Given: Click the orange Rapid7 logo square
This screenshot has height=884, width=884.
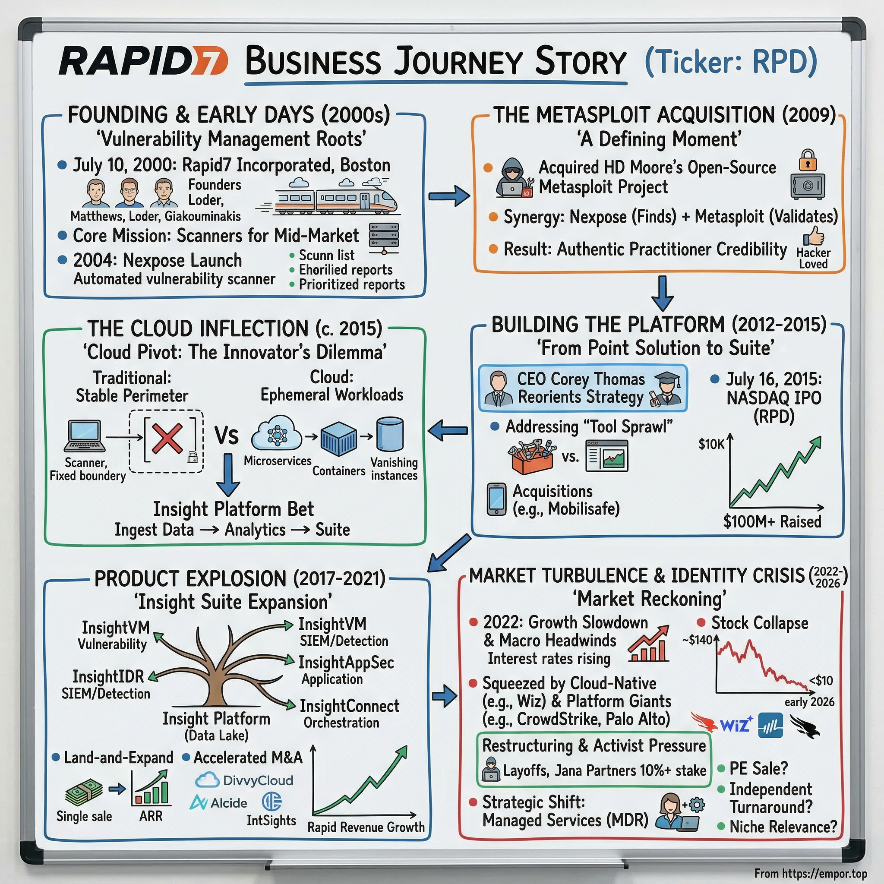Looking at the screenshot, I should pyautogui.click(x=208, y=61).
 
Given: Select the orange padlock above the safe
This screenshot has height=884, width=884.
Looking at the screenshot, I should pyautogui.click(x=808, y=161).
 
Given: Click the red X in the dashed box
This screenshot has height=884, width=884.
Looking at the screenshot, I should pyautogui.click(x=167, y=439).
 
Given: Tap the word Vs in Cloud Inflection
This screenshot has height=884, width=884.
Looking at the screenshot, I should pyautogui.click(x=227, y=435).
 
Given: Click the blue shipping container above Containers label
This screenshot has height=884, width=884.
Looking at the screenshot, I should pyautogui.click(x=338, y=439).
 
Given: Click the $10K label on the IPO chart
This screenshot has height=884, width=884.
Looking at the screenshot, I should pyautogui.click(x=711, y=444).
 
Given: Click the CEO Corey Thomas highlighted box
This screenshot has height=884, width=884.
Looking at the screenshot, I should pyautogui.click(x=582, y=388).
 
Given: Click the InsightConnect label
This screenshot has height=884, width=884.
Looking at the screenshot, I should pyautogui.click(x=349, y=706).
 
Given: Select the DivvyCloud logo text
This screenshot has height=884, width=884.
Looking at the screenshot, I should pyautogui.click(x=258, y=780).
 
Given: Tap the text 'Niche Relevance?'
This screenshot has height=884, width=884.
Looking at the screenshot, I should pyautogui.click(x=783, y=827).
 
